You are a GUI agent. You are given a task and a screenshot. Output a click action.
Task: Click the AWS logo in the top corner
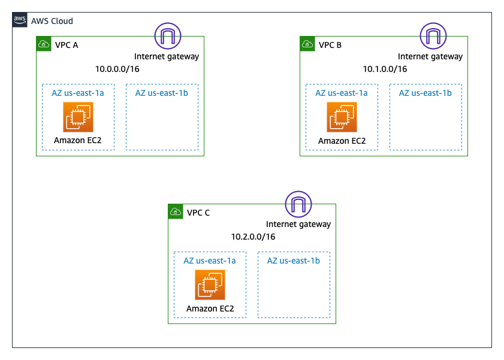point(19,20)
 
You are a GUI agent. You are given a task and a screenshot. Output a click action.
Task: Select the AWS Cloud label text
point(52,21)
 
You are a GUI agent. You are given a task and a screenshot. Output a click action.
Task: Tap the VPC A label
point(67,45)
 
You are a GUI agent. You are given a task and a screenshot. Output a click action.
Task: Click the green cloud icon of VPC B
point(307,44)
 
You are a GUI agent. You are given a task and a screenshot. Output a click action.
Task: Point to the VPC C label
point(198,213)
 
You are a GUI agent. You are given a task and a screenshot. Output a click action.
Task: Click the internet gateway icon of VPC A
point(168,36)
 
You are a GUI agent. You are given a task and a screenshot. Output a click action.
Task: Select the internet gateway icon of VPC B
point(431,36)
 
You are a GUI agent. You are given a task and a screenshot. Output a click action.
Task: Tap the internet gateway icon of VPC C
point(298,204)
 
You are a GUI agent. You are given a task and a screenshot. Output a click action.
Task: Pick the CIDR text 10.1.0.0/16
point(385,69)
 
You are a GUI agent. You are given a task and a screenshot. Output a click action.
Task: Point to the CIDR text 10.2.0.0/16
point(253,237)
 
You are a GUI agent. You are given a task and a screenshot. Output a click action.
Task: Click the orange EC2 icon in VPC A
point(78,117)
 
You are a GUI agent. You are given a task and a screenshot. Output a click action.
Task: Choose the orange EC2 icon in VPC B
point(342,117)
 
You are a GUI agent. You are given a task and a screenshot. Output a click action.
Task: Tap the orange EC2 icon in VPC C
point(210,285)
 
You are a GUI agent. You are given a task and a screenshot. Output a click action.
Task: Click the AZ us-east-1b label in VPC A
point(161,93)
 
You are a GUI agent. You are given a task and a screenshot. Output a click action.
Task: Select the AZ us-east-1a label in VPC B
point(341,93)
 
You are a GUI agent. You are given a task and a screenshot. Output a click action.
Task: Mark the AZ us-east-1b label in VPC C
point(293,261)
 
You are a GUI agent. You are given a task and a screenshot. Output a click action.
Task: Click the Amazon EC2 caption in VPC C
point(210,309)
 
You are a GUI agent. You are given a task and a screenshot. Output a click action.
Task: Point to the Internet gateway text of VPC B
point(430,57)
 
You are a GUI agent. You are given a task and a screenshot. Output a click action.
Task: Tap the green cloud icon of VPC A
point(43,44)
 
